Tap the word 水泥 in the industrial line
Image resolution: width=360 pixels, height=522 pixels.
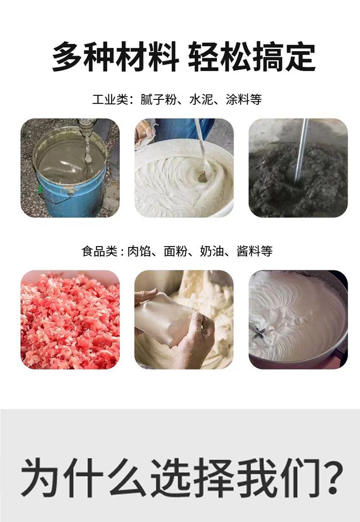(x=201, y=99)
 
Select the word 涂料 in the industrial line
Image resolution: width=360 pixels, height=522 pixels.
(x=238, y=99)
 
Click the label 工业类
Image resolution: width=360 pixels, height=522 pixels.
(x=110, y=99)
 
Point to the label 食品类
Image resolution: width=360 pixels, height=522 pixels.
(x=99, y=251)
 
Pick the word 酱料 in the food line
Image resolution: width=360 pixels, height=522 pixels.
(x=248, y=251)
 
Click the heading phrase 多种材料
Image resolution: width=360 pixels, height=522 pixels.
(x=115, y=57)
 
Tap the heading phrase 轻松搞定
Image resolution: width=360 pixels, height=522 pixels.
(x=252, y=57)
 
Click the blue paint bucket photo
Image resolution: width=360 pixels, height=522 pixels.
(x=70, y=168)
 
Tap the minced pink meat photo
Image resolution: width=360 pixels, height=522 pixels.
(x=70, y=320)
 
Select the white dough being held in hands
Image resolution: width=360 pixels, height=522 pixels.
(x=163, y=319)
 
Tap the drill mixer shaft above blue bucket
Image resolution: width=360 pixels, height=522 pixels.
(x=87, y=141)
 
